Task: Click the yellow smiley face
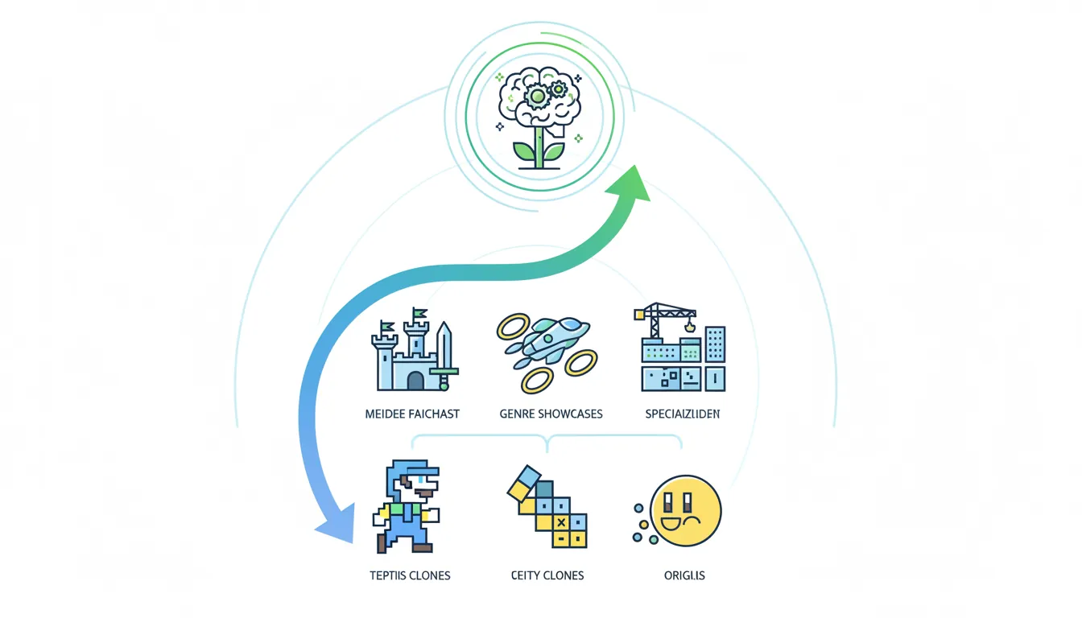pos(686,511)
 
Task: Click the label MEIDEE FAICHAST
pos(411,414)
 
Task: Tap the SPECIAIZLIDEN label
pos(683,414)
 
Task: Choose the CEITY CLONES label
pos(547,575)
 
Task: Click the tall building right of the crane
pos(715,344)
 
